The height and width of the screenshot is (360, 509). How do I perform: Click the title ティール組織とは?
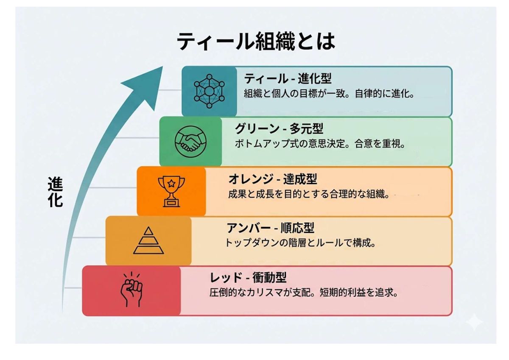coord(255,42)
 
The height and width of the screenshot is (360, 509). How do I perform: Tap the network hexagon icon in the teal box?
coord(209,91)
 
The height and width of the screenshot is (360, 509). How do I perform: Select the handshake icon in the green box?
coord(190,142)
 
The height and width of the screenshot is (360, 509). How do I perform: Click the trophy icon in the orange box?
coord(171,191)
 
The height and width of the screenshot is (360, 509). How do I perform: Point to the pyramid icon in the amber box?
coord(148,240)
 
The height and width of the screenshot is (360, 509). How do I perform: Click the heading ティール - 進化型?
coord(288,79)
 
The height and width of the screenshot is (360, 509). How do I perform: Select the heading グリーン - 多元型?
coord(279,128)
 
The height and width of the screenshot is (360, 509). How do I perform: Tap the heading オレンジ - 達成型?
coord(273,179)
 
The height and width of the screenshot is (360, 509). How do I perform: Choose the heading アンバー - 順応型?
coord(270,228)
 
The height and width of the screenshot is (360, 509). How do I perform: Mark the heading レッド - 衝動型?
coord(249,278)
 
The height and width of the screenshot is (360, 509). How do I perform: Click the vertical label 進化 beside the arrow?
coord(55,192)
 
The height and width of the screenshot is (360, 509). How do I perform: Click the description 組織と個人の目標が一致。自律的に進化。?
coord(329,94)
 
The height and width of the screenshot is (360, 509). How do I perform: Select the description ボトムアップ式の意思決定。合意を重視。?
coord(320,144)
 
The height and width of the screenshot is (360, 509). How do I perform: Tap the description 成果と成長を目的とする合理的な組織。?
coord(309,194)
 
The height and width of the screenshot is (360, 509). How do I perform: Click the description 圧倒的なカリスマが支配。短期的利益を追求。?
coord(304,293)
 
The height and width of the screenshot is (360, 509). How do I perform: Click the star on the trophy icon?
coord(171,184)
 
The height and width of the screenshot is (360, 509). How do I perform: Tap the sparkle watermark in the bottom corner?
coord(474,322)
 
